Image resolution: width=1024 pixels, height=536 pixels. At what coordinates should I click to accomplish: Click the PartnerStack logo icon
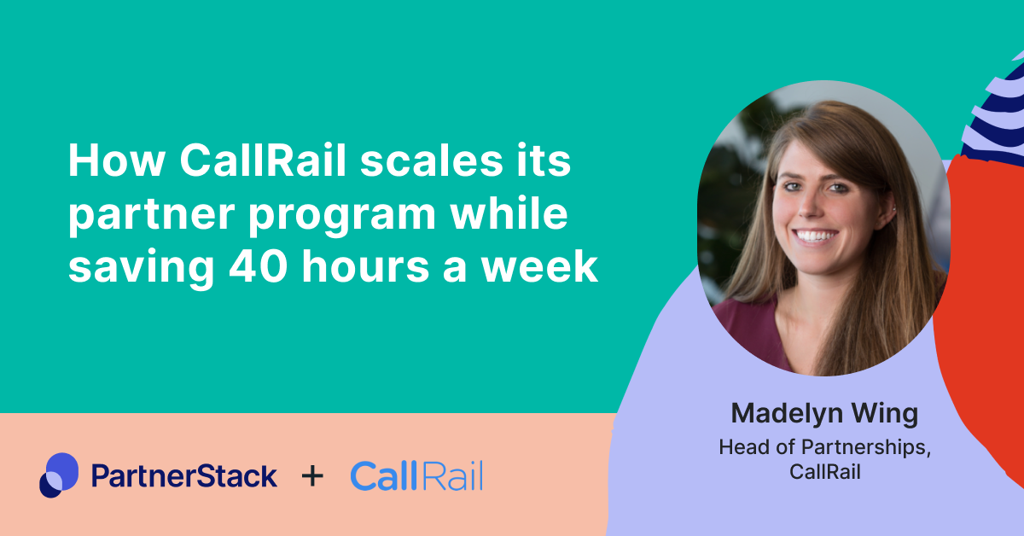coord(58,475)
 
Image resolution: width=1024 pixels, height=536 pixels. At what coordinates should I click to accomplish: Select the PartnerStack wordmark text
coord(183,475)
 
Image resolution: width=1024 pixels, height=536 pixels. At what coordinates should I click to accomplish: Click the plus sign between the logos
coord(313,475)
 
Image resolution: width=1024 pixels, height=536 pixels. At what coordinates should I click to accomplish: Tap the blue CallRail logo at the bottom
coord(416,475)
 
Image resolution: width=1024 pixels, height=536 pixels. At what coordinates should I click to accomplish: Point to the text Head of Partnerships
coord(824,447)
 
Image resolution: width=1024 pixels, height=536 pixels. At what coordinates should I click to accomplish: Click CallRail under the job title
coord(824,472)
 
